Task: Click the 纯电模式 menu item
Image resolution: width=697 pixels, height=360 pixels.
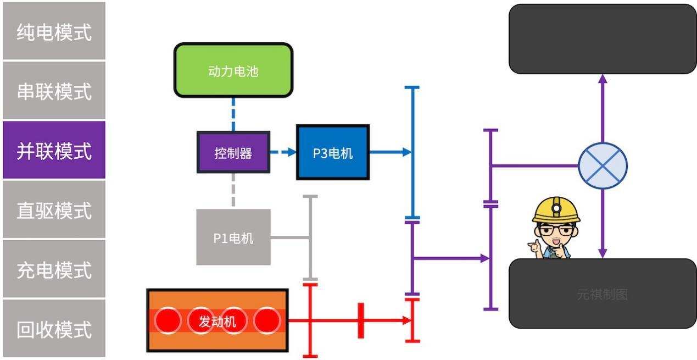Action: tap(54, 31)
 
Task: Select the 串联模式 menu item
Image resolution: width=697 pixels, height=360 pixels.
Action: tap(54, 91)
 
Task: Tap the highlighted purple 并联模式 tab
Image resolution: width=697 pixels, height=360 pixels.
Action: tap(54, 150)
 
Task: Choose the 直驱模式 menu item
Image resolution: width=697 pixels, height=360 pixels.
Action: tap(54, 209)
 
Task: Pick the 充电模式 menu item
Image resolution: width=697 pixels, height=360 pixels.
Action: tap(54, 269)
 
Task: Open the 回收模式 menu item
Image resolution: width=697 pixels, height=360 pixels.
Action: tap(54, 329)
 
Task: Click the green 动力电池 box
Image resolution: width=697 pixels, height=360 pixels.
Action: tap(233, 71)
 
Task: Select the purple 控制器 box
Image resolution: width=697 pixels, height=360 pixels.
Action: tap(233, 152)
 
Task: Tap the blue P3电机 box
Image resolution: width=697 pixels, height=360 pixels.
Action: tap(333, 152)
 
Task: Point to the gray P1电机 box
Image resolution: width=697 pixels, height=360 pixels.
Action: tap(233, 237)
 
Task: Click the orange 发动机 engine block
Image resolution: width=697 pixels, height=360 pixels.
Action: tap(218, 320)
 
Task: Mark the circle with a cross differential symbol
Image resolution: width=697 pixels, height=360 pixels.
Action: tap(603, 165)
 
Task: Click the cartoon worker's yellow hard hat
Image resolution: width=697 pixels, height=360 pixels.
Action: tap(556, 209)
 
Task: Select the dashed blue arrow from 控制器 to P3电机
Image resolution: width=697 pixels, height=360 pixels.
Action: tap(283, 152)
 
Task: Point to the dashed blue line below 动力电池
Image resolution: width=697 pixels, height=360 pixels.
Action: tap(233, 114)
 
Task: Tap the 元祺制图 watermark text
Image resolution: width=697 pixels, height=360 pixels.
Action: tap(602, 295)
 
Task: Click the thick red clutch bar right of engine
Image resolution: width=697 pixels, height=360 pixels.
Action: tap(361, 320)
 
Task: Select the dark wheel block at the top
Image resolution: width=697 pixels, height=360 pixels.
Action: tap(603, 38)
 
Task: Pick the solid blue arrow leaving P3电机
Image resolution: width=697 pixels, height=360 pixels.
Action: tap(390, 152)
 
